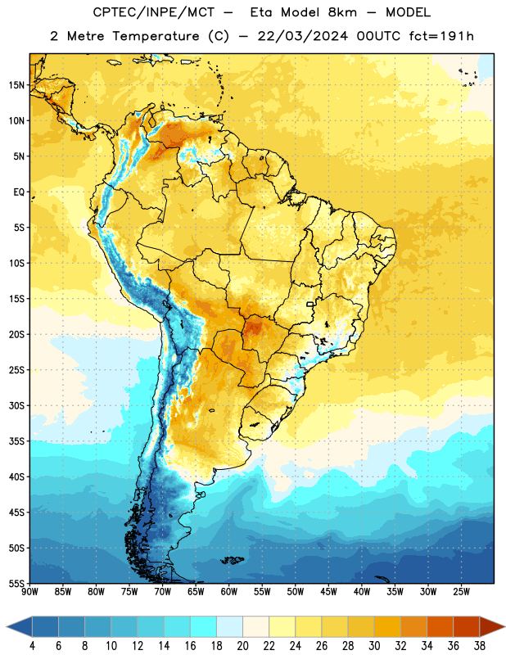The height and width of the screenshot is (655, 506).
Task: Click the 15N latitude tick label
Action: (16, 85)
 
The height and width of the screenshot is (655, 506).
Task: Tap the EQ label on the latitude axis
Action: (19, 192)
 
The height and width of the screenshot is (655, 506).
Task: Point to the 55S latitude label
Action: (16, 584)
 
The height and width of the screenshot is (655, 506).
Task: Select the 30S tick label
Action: (16, 405)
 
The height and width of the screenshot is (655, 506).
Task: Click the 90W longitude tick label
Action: (29, 592)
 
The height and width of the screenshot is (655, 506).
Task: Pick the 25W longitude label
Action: (461, 592)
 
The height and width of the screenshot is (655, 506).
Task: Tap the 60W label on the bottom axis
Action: (229, 592)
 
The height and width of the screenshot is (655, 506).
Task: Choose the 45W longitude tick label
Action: (328, 592)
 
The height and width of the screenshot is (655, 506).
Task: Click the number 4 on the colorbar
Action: (32, 646)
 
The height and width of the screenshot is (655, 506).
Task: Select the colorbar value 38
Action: (480, 646)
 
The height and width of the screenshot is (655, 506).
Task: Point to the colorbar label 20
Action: (242, 646)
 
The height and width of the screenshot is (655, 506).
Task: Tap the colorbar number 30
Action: (374, 646)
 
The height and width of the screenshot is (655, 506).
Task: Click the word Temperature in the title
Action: (156, 36)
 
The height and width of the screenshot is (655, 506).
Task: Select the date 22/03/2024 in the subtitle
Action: (303, 36)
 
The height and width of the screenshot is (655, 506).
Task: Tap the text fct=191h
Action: (441, 36)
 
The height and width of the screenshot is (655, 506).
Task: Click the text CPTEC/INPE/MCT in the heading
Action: (154, 12)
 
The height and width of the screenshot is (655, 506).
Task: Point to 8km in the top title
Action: (342, 12)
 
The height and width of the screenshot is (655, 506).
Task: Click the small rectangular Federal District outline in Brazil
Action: (310, 304)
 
